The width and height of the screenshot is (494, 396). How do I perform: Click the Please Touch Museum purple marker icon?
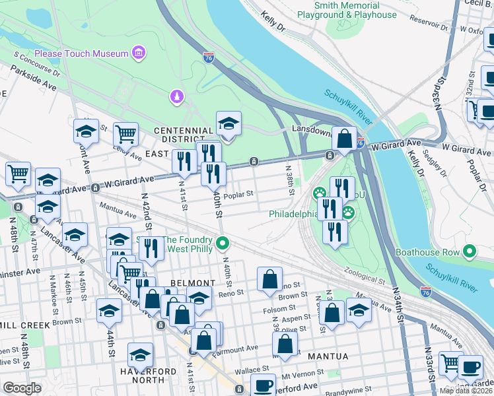coord(138,53)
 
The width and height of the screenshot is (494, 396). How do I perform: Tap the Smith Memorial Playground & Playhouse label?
coord(356,10)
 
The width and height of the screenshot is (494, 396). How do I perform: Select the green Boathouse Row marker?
coord(470,251)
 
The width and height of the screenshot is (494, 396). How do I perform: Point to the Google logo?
coord(21,388)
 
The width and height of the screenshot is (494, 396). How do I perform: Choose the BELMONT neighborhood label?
coord(191,282)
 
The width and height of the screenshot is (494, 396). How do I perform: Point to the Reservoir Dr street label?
coord(419,25)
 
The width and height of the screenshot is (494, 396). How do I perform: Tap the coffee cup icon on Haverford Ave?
coord(263,385)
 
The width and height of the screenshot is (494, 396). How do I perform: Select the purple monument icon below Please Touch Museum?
coord(176,97)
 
